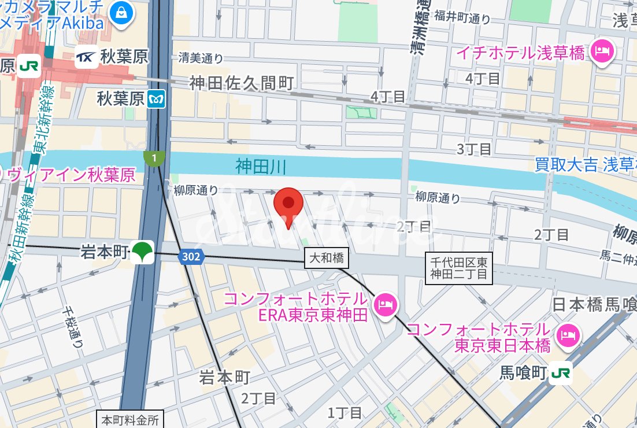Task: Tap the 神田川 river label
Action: [x=261, y=167]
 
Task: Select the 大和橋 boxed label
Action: [x=327, y=258]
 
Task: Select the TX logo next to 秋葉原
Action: [x=87, y=57]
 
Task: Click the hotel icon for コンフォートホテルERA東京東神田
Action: [x=384, y=305]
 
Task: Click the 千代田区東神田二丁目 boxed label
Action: [x=459, y=268]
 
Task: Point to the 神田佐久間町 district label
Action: [x=242, y=83]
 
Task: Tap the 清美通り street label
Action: [x=200, y=58]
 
